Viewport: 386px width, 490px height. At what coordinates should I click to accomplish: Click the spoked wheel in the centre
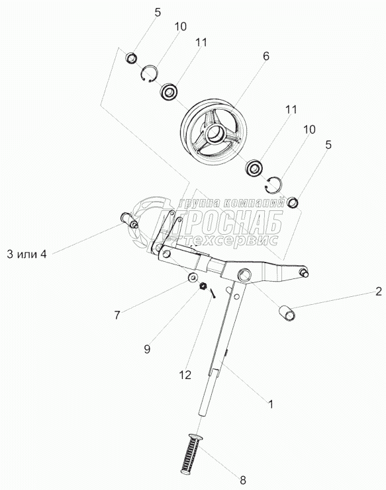213,132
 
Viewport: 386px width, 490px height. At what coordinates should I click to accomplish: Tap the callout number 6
266,56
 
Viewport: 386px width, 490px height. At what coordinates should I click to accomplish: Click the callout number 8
243,479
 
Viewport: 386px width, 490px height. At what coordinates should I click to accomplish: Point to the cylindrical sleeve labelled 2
287,313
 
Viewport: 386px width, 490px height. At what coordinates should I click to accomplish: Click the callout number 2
379,292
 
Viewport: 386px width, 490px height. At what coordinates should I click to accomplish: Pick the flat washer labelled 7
193,277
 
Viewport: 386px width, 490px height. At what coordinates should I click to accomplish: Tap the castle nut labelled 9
203,286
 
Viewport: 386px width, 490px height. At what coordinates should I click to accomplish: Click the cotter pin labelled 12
213,294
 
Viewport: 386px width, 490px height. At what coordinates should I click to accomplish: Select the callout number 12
185,375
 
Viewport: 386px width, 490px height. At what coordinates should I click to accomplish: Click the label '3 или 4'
26,255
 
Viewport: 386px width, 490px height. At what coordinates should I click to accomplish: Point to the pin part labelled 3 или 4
129,220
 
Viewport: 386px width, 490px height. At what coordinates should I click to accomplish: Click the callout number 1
271,404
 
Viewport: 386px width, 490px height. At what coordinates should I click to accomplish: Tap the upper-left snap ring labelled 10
150,74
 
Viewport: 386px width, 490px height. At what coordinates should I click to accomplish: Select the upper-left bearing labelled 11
169,92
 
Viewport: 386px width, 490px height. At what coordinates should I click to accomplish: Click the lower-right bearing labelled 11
254,168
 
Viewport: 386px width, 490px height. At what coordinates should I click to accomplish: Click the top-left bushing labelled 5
132,58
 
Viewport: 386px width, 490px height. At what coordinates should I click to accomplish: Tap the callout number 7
117,315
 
